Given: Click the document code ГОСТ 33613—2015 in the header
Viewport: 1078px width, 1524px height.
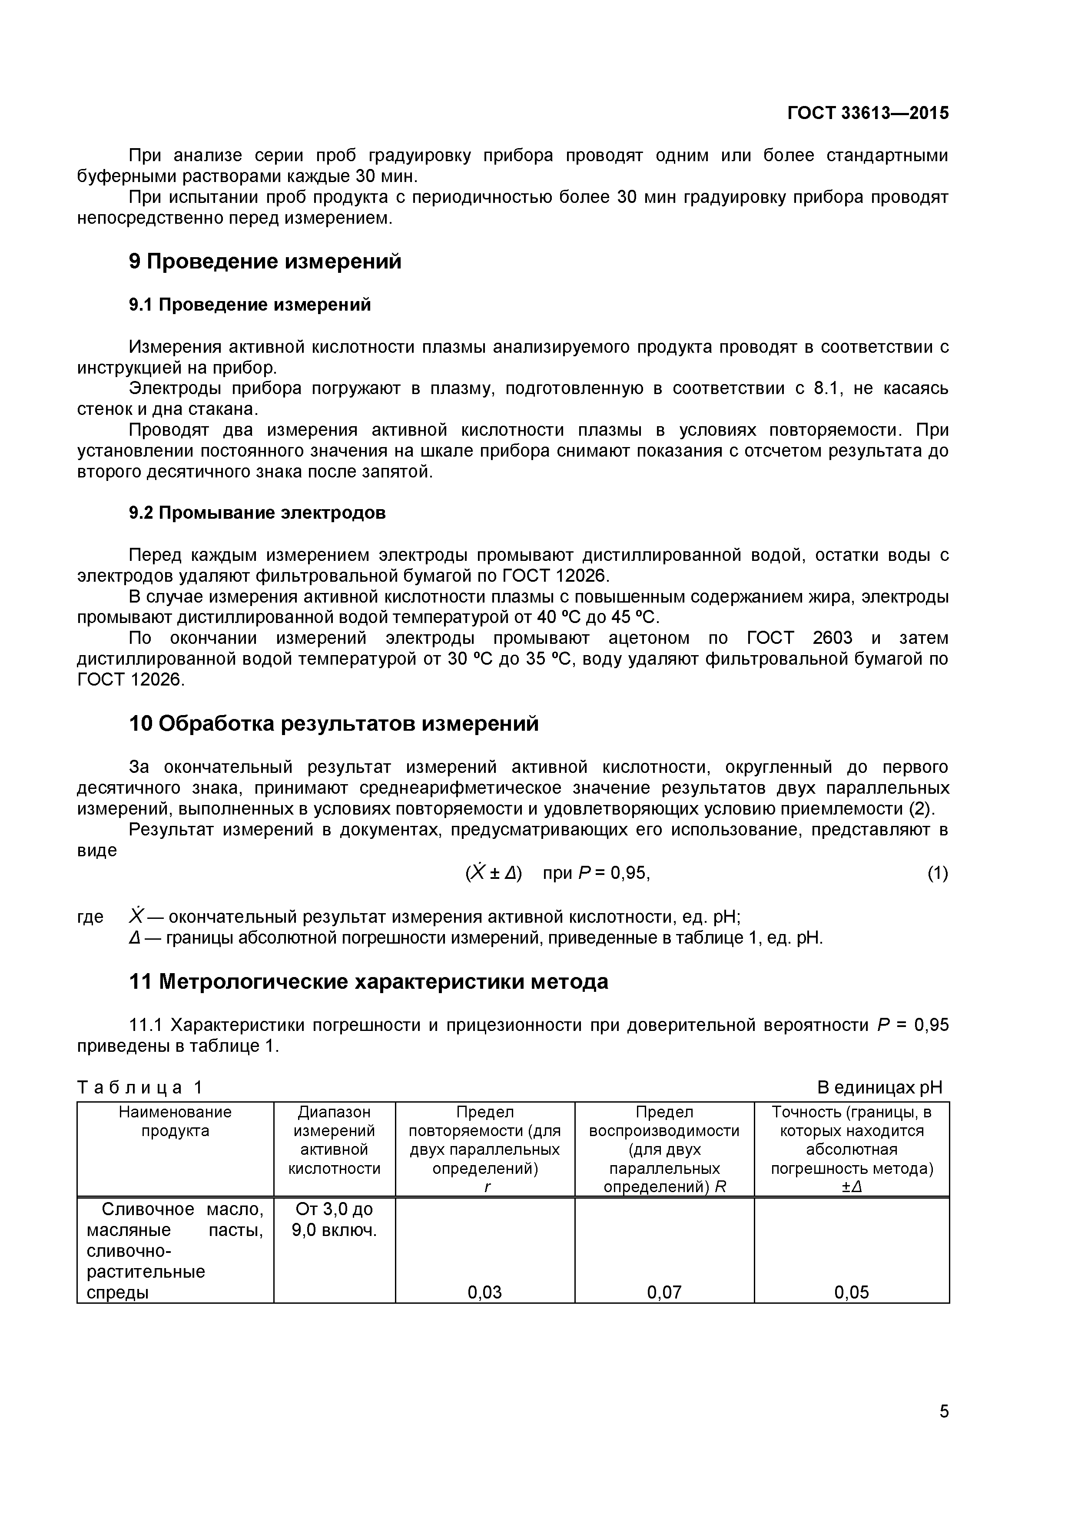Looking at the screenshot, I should (x=868, y=113).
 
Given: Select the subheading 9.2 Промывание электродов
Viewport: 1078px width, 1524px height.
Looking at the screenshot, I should (x=257, y=513).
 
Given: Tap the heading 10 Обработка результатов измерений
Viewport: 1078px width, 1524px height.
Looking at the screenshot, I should (x=333, y=723).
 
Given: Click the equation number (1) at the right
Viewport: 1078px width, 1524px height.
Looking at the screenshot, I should (x=937, y=874).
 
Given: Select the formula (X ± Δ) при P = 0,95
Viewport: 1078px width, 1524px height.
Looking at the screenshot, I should (x=557, y=874).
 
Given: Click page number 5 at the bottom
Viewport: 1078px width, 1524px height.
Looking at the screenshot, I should (x=944, y=1430).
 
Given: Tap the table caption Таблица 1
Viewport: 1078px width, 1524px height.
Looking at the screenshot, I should (x=140, y=1087).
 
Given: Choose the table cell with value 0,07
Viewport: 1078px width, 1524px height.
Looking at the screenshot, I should (x=664, y=1292).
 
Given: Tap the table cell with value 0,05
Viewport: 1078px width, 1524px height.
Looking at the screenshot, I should (x=851, y=1292).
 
